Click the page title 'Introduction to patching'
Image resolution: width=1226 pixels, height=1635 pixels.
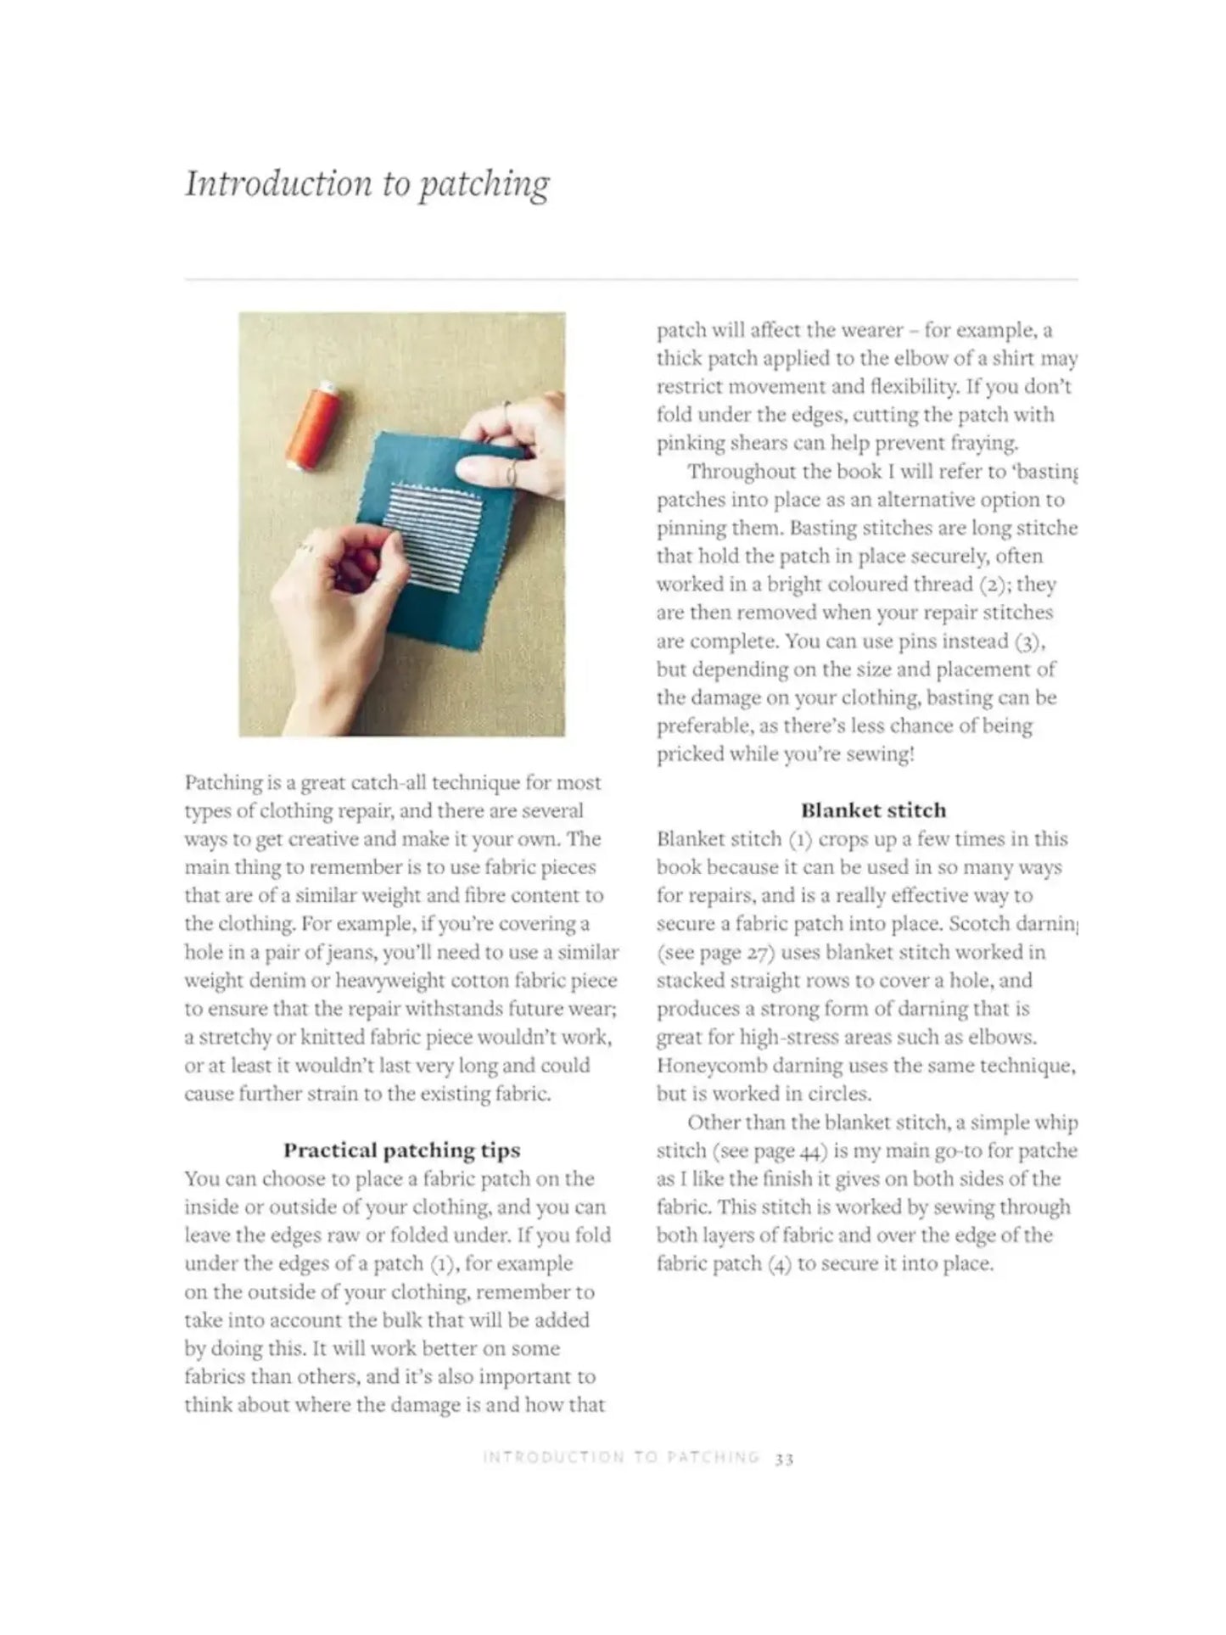click(367, 184)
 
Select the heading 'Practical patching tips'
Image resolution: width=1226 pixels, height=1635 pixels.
click(401, 1151)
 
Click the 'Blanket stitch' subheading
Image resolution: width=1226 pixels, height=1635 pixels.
click(873, 810)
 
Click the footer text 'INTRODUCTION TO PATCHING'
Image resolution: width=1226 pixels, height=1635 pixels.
click(620, 1458)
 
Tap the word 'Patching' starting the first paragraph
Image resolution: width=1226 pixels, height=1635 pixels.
click(222, 782)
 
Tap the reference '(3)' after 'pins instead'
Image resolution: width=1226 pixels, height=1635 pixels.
click(1027, 641)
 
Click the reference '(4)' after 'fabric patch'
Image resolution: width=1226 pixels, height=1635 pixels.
click(779, 1264)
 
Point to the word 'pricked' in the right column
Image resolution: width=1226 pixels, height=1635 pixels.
click(688, 755)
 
